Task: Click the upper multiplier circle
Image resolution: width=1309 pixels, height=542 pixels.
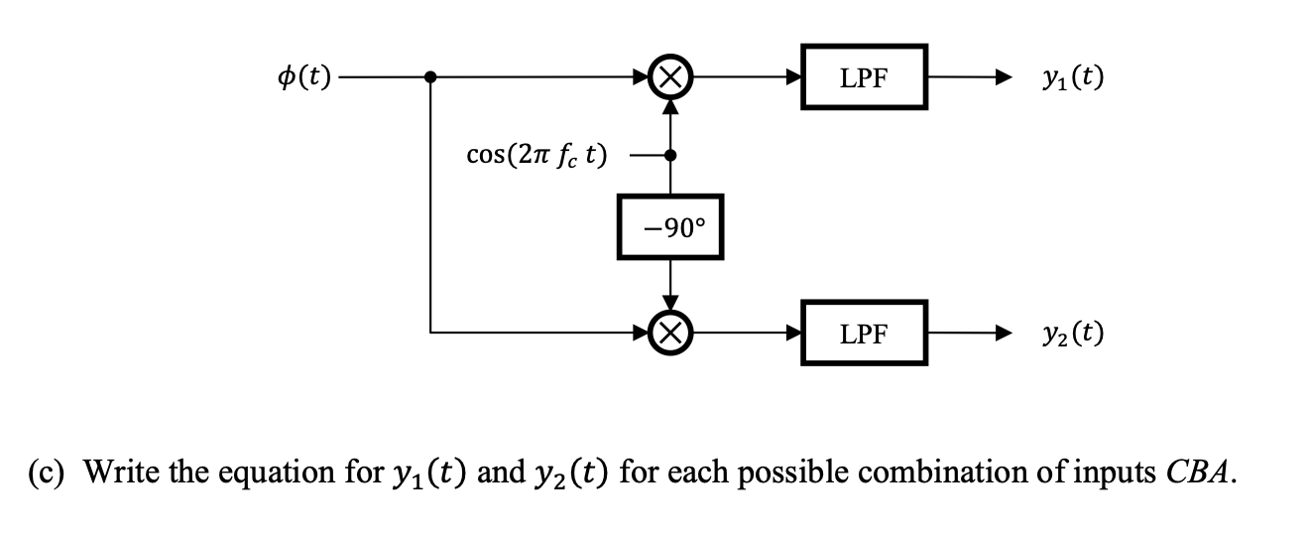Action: coord(671,77)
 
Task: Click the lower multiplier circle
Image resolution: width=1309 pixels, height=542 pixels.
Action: coord(671,333)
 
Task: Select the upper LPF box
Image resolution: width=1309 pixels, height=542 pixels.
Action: coord(864,77)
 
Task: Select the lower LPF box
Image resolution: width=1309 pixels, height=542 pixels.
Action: coord(864,333)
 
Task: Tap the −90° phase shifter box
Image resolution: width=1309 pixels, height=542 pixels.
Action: coord(670,227)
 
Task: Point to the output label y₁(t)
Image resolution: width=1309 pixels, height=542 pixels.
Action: coord(1071,77)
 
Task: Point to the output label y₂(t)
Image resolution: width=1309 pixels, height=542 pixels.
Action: coord(1071,333)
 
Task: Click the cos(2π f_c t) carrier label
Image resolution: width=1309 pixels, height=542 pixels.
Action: coord(537,156)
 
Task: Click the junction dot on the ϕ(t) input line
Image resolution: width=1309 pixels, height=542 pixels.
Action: coord(430,77)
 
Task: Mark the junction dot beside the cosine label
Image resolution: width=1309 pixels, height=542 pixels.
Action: coord(671,156)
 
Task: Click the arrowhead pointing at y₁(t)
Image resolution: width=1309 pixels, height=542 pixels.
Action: coord(1003,77)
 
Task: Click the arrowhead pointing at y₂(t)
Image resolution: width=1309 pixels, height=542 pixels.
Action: coord(1003,333)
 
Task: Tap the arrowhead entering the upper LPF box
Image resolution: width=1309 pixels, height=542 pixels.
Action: coord(795,77)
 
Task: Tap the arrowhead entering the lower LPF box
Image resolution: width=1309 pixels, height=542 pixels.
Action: coord(795,333)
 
